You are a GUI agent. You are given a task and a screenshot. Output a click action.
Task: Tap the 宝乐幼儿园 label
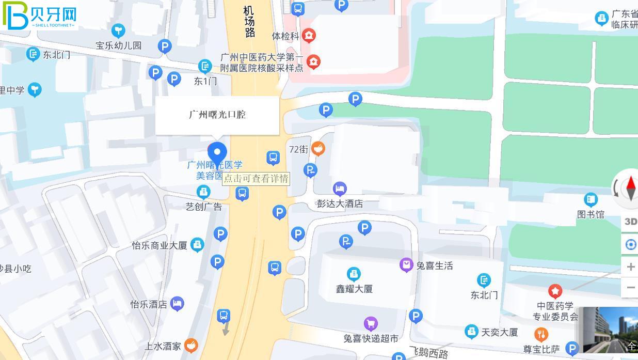click(x=118, y=45)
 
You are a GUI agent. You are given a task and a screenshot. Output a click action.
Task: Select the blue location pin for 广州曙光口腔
click(x=217, y=153)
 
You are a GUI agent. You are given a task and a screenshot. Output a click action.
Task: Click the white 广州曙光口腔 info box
click(x=217, y=115)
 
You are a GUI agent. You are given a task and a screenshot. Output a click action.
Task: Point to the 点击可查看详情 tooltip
click(x=256, y=179)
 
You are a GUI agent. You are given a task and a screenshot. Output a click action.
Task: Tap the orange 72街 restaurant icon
click(x=318, y=149)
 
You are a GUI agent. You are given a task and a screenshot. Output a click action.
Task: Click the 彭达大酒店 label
click(x=340, y=204)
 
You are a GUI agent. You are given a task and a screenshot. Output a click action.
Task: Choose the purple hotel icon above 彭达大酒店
click(x=340, y=189)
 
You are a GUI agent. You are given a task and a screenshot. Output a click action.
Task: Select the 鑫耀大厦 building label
click(x=354, y=289)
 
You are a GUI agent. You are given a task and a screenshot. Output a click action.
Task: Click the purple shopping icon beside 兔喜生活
click(x=407, y=265)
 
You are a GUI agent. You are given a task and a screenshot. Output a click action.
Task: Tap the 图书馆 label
click(x=591, y=214)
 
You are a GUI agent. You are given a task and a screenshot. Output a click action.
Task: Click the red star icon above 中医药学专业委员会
click(x=555, y=291)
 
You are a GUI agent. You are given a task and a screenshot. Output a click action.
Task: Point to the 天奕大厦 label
click(x=499, y=332)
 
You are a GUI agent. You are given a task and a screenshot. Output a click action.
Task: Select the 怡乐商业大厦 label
click(x=159, y=245)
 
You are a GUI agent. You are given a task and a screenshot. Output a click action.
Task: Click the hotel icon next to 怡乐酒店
click(x=177, y=304)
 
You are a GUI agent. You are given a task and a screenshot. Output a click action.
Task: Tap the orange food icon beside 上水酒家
click(x=191, y=346)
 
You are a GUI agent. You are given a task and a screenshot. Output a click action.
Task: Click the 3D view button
click(x=630, y=222)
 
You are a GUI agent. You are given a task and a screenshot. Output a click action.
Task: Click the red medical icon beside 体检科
click(x=309, y=36)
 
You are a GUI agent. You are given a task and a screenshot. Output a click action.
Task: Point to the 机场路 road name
click(x=249, y=22)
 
